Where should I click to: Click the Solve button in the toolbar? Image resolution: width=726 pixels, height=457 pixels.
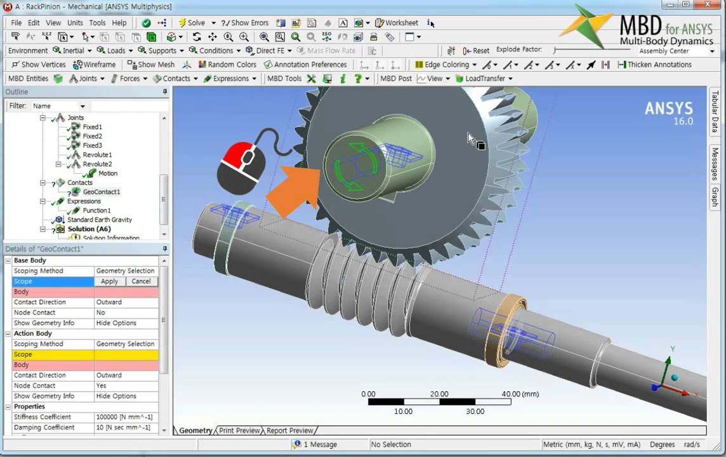pyautogui.click(x=192, y=23)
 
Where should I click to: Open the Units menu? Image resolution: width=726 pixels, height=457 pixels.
pyautogui.click(x=75, y=23)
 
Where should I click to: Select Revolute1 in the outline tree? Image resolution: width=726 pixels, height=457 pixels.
pyautogui.click(x=96, y=155)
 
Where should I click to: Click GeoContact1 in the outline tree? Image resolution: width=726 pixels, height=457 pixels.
pyautogui.click(x=101, y=192)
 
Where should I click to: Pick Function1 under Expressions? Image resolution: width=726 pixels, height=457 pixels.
pyautogui.click(x=96, y=210)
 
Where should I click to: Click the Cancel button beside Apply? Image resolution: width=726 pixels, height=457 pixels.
pyautogui.click(x=141, y=281)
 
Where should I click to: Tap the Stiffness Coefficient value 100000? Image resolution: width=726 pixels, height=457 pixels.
pyautogui.click(x=124, y=417)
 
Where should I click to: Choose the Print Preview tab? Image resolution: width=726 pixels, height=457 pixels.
pyautogui.click(x=239, y=430)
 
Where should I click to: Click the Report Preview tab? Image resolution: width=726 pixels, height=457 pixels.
pyautogui.click(x=289, y=430)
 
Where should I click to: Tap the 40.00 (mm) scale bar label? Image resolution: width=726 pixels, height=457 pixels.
pyautogui.click(x=520, y=394)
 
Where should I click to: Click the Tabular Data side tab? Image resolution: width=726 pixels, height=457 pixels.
pyautogui.click(x=715, y=112)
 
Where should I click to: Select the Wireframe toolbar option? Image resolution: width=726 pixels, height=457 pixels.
pyautogui.click(x=95, y=65)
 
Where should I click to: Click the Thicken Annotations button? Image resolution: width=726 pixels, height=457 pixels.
pyautogui.click(x=654, y=65)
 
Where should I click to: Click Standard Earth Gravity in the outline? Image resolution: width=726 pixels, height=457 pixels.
pyautogui.click(x=100, y=220)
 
